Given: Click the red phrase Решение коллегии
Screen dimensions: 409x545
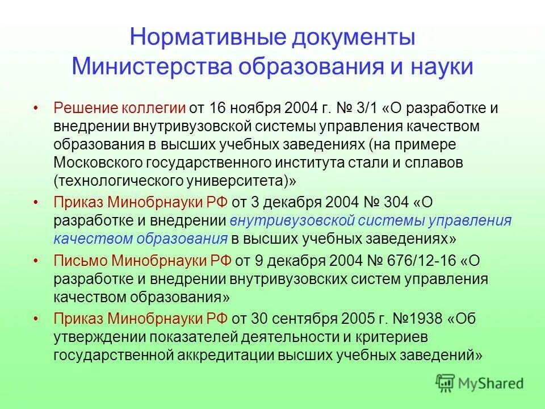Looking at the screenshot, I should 120,108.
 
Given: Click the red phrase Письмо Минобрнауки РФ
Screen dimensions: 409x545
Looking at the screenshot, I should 142,261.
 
